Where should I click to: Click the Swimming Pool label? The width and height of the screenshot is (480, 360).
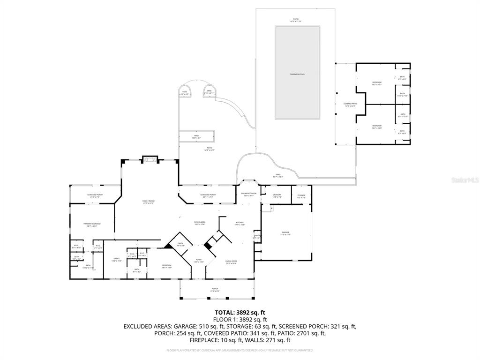click(297, 75)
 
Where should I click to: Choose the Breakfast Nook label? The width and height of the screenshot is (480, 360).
click(248, 194)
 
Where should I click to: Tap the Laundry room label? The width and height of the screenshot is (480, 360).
click(277, 196)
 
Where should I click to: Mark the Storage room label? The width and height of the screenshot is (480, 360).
click(301, 196)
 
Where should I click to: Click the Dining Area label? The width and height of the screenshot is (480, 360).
click(200, 223)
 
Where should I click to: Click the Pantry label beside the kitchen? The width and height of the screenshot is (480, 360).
click(257, 237)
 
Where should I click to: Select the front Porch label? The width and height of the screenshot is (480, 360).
click(215, 290)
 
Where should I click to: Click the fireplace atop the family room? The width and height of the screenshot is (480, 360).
click(150, 160)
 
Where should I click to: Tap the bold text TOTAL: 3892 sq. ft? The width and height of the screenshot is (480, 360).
click(240, 312)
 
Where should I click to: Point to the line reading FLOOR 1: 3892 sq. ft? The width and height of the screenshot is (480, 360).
click(240, 319)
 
